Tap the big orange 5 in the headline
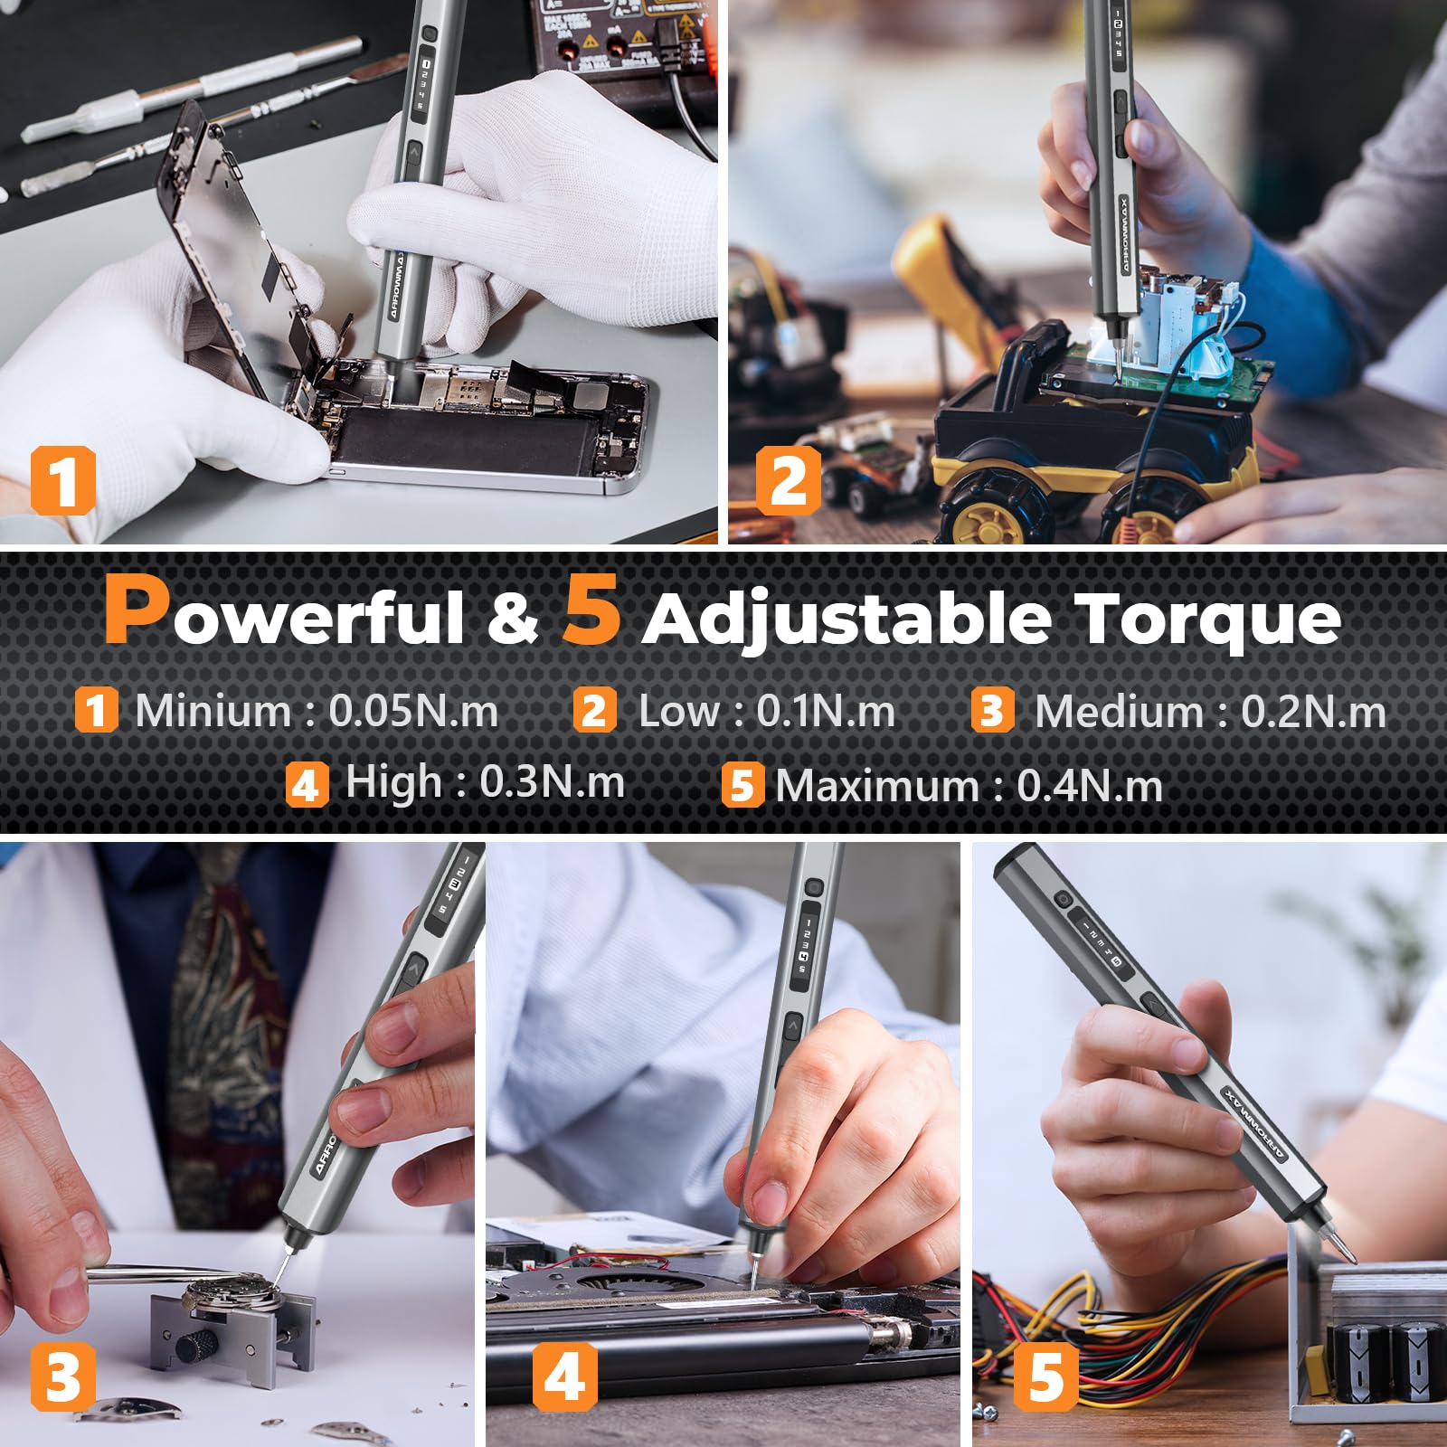[592, 610]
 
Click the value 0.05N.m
[413, 711]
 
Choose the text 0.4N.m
[1090, 786]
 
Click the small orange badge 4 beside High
[306, 784]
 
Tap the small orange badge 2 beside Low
[594, 711]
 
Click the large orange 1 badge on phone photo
[62, 480]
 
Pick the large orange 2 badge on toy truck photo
[788, 480]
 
